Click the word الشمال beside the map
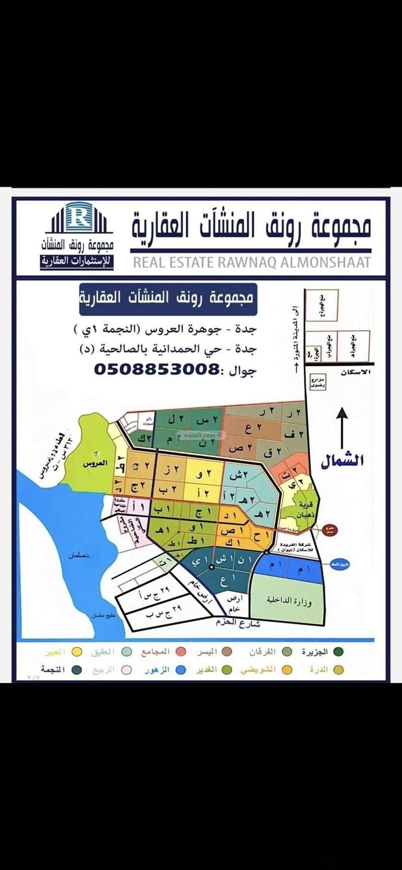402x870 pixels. click(342, 461)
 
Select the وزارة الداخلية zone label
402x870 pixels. click(288, 601)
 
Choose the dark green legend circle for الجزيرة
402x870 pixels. click(339, 652)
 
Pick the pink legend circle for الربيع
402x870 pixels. click(127, 670)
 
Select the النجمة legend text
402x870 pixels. click(54, 670)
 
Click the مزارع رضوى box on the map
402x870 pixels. click(318, 383)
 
